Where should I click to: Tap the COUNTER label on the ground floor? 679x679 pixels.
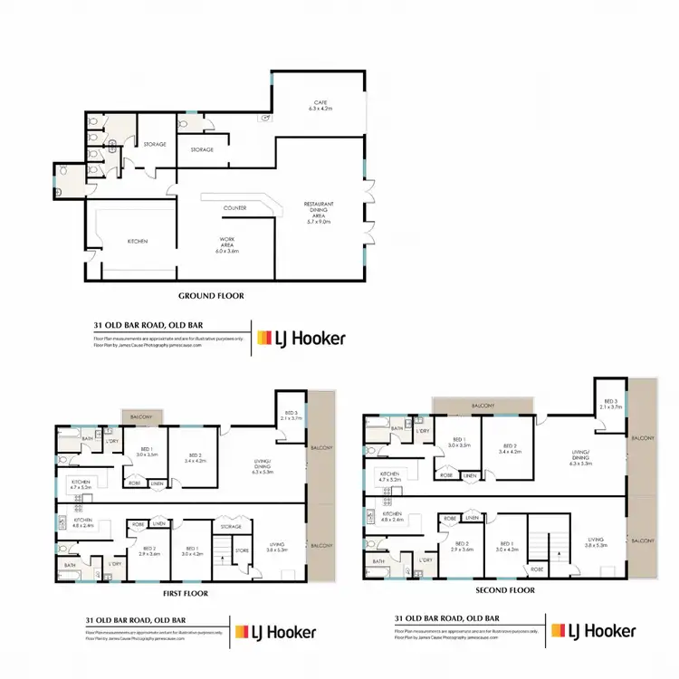coord(234,208)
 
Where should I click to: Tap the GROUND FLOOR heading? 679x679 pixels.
coord(211,296)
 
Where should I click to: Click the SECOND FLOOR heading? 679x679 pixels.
coord(505,589)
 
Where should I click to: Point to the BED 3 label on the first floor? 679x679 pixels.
coord(292,416)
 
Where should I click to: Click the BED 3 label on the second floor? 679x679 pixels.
coord(611,405)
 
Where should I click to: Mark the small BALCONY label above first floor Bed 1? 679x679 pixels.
coord(139,416)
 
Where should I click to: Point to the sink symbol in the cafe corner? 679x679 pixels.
coord(266,118)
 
